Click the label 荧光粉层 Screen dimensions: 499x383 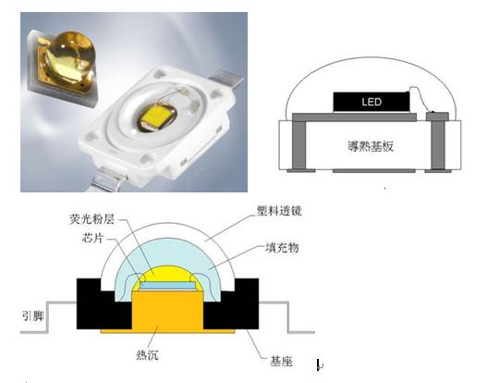coord(91,219)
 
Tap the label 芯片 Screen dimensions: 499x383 coord(92,238)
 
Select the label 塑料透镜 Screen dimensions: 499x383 coord(279,211)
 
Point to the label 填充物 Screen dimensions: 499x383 coord(282,248)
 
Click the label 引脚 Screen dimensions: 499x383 coord(32,315)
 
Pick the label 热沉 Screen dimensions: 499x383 coord(147,355)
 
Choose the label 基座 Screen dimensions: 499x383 coord(281,362)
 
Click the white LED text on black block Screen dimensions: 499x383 coord(371,102)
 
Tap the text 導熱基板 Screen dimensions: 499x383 coord(371,146)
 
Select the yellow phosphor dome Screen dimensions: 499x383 coord(167,274)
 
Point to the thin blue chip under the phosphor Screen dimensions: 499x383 coord(167,285)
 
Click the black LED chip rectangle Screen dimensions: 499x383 coord(371,102)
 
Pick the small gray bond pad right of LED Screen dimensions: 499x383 coord(437,117)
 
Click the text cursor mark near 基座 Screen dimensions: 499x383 coord(320,364)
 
